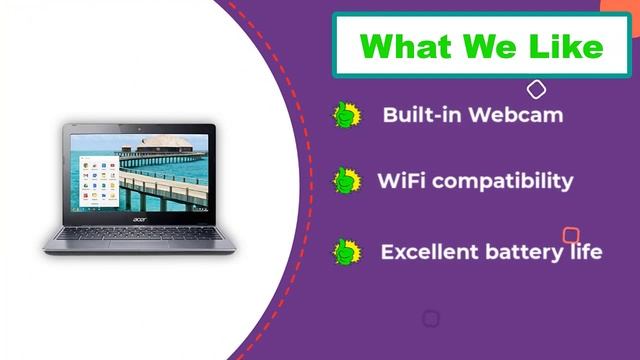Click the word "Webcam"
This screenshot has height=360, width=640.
pos(517,114)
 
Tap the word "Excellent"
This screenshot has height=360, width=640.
pos(428,251)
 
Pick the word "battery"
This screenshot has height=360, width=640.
pos(520,251)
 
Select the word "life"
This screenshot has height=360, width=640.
pos(585,251)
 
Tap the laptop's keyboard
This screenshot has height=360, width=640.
pos(139,232)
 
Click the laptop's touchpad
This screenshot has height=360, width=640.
pos(139,245)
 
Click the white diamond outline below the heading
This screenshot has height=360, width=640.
pos(536,90)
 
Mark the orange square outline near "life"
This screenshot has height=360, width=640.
pos(570,236)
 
